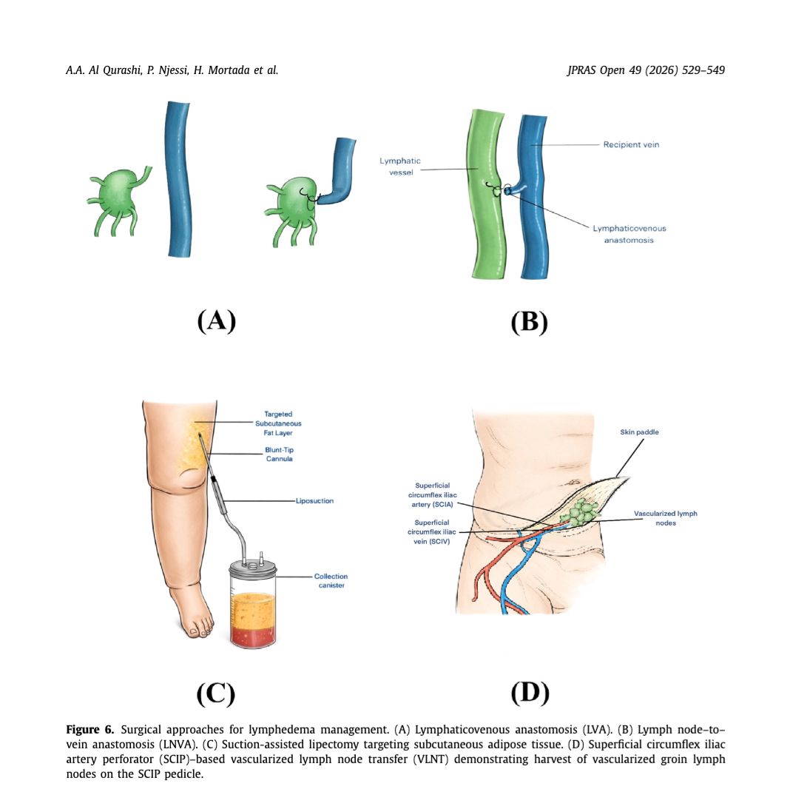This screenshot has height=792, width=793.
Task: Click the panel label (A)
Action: [x=217, y=321]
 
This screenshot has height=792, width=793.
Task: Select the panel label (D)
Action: [x=530, y=693]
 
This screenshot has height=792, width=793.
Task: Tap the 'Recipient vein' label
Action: [x=631, y=145]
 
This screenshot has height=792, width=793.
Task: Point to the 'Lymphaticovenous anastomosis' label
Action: [x=629, y=235]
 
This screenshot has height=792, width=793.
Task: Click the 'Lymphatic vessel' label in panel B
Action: [x=400, y=167]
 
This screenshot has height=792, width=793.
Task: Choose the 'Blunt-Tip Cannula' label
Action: [x=279, y=454]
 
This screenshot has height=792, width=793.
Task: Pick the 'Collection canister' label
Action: [x=331, y=580]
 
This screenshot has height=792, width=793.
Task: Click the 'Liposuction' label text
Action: [x=314, y=501]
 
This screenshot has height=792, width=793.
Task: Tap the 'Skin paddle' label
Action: [x=639, y=432]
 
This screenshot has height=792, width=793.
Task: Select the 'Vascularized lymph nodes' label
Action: [x=666, y=518]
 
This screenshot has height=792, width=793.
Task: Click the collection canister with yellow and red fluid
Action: [x=253, y=604]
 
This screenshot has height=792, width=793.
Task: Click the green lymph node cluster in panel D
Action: [x=583, y=512]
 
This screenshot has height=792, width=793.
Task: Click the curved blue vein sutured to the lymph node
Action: [x=338, y=172]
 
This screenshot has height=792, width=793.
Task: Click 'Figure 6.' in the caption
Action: [x=90, y=730]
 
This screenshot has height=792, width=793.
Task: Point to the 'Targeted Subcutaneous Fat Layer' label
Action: [x=278, y=423]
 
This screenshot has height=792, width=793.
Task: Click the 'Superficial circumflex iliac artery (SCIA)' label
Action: [x=433, y=495]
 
